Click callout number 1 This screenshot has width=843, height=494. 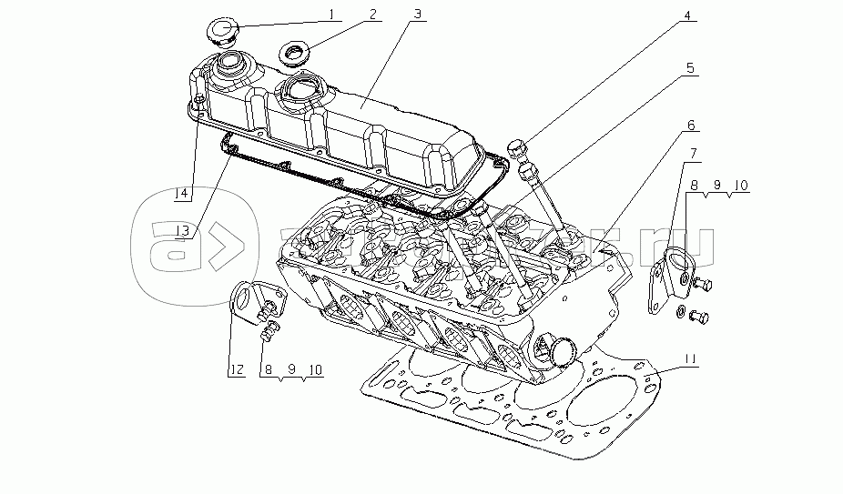(332, 15)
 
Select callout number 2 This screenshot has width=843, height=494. (372, 15)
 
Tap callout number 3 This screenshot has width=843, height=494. (416, 15)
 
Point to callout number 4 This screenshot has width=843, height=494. (687, 15)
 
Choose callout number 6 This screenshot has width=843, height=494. (690, 124)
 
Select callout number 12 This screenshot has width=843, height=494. (236, 369)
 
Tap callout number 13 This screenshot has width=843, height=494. (186, 231)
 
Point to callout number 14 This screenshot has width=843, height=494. (183, 194)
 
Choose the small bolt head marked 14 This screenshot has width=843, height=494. (198, 101)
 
